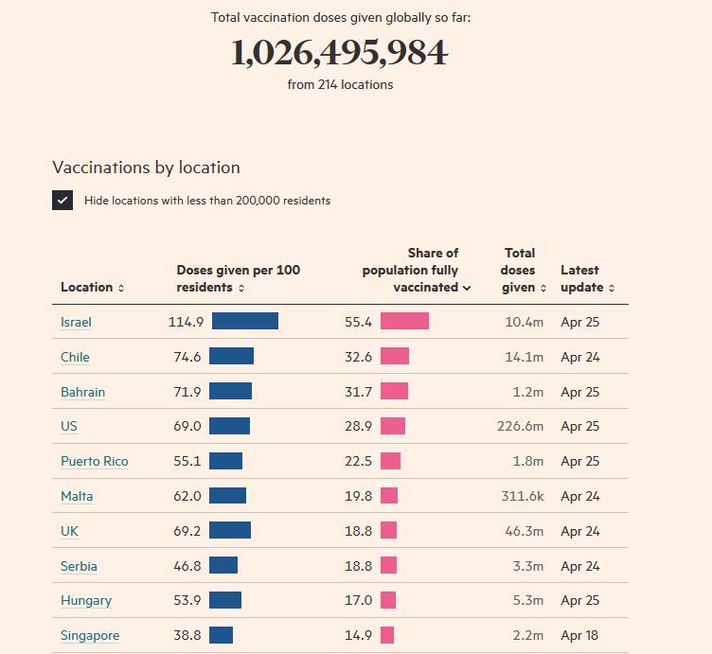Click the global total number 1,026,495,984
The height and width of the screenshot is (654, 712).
click(x=339, y=53)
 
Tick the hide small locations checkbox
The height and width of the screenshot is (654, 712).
click(x=62, y=200)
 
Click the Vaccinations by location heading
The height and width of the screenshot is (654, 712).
click(x=146, y=168)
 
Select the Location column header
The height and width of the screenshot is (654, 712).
click(x=92, y=287)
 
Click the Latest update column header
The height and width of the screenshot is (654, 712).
click(x=587, y=278)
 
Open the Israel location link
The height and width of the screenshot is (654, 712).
click(x=76, y=322)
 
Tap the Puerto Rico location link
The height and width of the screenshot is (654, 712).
click(x=94, y=461)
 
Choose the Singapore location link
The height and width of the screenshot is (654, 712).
click(x=90, y=635)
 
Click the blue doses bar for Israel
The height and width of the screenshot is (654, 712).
click(x=244, y=321)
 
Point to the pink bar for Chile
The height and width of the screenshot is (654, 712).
click(x=394, y=356)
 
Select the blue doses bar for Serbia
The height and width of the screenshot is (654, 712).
click(x=222, y=565)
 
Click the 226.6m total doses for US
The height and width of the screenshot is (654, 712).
click(x=520, y=426)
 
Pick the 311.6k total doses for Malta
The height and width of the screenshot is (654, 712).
click(x=523, y=496)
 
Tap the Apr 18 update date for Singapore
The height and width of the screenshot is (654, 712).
click(x=579, y=635)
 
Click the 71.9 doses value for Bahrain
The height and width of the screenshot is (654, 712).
click(x=186, y=392)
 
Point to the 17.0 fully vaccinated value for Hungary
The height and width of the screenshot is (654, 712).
click(x=358, y=600)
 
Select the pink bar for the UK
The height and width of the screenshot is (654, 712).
click(x=388, y=530)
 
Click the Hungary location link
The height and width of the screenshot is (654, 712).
click(x=85, y=600)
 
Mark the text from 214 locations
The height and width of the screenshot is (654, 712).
click(x=340, y=84)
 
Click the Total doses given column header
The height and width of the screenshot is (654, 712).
click(x=520, y=270)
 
